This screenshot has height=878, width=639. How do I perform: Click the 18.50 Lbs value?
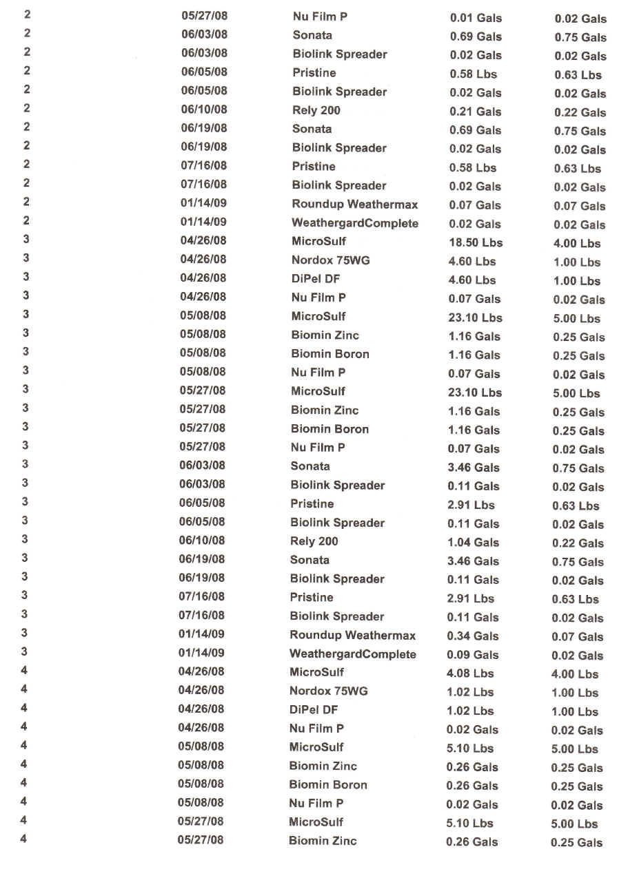[x=475, y=242]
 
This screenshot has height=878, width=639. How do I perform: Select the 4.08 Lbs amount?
[x=470, y=673]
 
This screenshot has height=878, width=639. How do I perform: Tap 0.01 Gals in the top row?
[x=476, y=18]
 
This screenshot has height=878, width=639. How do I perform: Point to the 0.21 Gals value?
[x=475, y=112]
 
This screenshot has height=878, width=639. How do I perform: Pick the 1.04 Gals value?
[x=473, y=542]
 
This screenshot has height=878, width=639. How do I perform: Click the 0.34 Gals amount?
[x=473, y=636]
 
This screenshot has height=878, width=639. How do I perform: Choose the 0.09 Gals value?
[x=472, y=655]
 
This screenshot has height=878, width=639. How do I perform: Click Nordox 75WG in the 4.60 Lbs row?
[x=329, y=260]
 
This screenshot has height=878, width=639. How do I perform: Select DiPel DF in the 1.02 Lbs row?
[x=314, y=709]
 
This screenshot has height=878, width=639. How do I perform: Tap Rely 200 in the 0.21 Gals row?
[x=316, y=110]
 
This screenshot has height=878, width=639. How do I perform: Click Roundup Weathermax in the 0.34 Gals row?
[x=353, y=635]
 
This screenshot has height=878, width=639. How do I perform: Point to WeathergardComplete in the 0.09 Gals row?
[x=353, y=654]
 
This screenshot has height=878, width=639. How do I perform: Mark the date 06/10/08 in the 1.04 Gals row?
[x=202, y=541]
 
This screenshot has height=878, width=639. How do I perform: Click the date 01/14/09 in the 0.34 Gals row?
[x=201, y=634]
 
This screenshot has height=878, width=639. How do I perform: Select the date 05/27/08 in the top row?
[x=204, y=17]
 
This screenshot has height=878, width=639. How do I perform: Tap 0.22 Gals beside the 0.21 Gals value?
[x=580, y=112]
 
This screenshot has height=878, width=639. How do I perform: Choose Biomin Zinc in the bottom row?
[x=323, y=840]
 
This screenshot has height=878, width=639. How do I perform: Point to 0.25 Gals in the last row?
[x=576, y=842]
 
